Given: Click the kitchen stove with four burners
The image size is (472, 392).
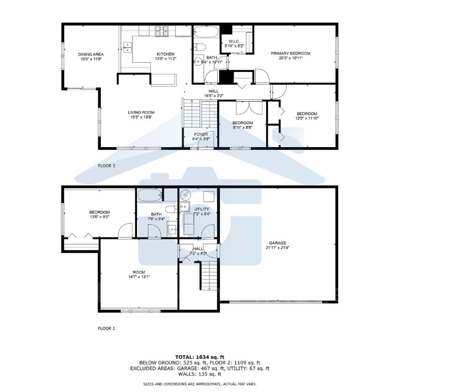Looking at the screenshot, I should (x=161, y=31).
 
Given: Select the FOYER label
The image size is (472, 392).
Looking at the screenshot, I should (x=201, y=134).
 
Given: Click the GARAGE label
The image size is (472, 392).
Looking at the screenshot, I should (x=277, y=243).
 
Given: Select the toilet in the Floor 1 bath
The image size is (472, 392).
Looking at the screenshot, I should (x=171, y=210).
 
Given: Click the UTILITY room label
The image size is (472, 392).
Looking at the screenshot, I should (x=202, y=209).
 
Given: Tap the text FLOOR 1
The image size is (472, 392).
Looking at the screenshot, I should (x=107, y=328).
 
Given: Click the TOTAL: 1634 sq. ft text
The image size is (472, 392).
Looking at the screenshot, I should (x=200, y=356).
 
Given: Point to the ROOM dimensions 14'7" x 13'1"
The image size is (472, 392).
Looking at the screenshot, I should (x=139, y=276).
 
